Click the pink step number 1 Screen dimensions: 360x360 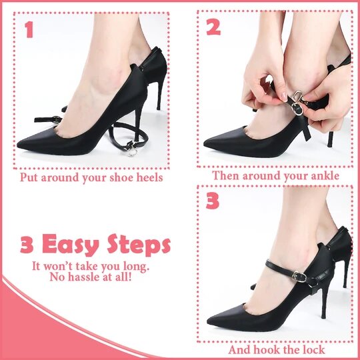click(29, 29)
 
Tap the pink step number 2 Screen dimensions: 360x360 click(213, 27)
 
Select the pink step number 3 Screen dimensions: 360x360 click(213, 201)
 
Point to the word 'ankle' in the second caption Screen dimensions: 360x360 click(325, 175)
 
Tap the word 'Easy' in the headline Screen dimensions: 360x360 click(71, 245)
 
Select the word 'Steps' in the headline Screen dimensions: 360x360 click(139, 245)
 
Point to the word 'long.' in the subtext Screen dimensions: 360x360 click(135, 267)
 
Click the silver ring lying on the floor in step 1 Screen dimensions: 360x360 click(133, 152)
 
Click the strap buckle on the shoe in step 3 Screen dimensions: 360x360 click(300, 277)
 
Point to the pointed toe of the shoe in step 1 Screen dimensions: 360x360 click(19, 145)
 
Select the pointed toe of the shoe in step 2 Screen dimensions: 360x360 click(205, 143)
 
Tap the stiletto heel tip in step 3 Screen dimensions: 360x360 click(323, 317)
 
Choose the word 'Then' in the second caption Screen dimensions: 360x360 click(226, 175)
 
